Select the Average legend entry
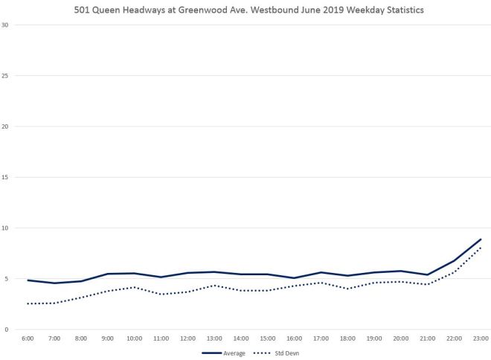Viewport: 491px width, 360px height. [224, 353]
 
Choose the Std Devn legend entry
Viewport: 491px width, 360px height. [276, 353]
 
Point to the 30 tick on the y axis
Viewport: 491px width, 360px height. [5, 25]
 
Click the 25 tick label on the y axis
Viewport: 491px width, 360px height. [5, 75]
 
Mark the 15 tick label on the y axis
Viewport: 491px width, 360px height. [5, 177]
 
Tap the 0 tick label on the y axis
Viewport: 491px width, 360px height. [7, 330]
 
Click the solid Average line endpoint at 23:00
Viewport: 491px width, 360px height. [481, 240]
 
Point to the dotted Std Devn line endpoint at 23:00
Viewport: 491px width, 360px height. [481, 248]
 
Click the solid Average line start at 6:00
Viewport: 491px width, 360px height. [28, 280]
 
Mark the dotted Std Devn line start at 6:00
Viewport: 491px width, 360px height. [28, 303]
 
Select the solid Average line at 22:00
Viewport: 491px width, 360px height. [454, 261]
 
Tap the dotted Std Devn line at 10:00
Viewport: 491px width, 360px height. [134, 287]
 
